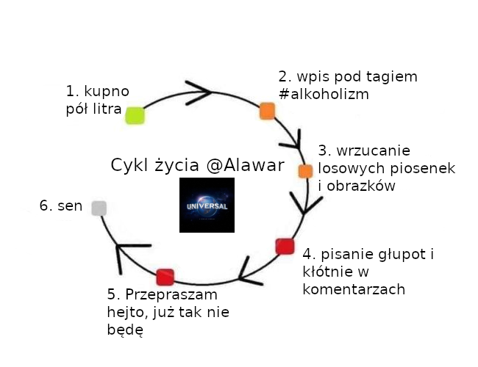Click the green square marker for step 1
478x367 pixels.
click(134, 115)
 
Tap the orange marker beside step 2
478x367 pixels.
click(266, 111)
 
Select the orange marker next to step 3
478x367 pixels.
click(305, 171)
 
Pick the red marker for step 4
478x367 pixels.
click(285, 247)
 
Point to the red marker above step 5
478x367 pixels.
click(165, 277)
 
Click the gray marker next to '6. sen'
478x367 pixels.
click(99, 208)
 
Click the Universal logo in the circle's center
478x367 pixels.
click(207, 205)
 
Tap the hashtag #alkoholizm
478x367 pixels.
click(324, 95)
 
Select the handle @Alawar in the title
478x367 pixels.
click(245, 165)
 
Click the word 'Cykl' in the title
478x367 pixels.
click(129, 165)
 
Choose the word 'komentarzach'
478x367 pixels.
click(354, 289)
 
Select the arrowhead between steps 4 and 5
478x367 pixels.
click(248, 272)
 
